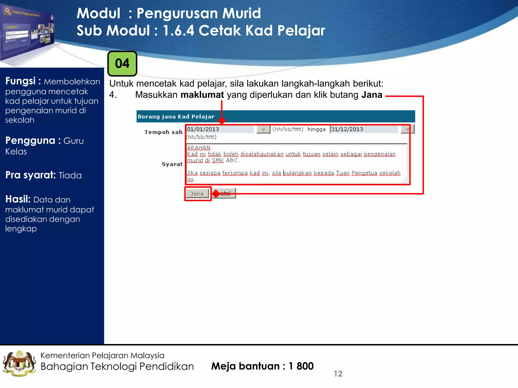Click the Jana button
[197, 194]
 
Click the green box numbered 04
[122, 64]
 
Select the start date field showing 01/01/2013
[220, 129]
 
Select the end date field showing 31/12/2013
[364, 129]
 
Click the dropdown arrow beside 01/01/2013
[263, 129]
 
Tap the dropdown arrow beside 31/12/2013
[407, 129]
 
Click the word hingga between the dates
[316, 129]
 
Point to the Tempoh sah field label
[163, 132]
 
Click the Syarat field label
[172, 164]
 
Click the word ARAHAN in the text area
[199, 148]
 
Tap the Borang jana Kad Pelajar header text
[176, 117]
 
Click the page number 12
[338, 374]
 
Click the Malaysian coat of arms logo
[19, 364]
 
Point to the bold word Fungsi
[20, 81]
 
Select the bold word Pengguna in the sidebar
[30, 140]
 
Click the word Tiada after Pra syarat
[70, 175]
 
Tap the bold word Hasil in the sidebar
[18, 199]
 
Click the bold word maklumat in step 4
[202, 95]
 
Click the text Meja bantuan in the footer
[245, 366]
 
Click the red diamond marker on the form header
[222, 120]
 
